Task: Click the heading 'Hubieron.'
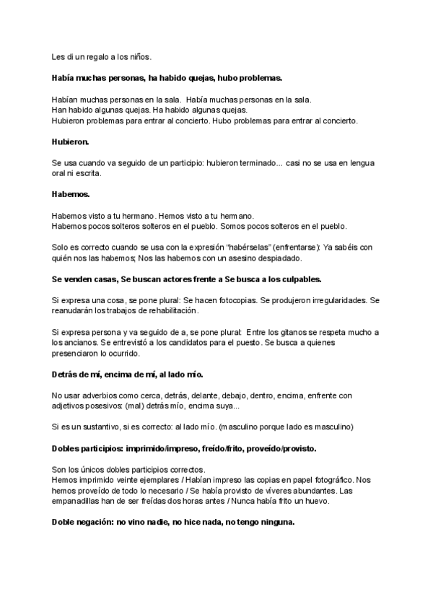pyautogui.click(x=71, y=143)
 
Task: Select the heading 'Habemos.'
pyautogui.click(x=70, y=195)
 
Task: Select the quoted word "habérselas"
pyautogui.click(x=225, y=247)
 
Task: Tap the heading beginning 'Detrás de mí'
pyautogui.click(x=128, y=375)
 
